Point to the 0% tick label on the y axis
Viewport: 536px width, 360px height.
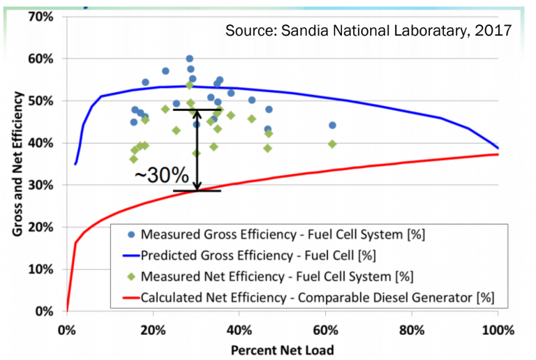[x=45, y=311]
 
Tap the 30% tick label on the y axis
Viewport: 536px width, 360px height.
[x=41, y=185]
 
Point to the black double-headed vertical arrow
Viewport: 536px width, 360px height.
[x=198, y=150]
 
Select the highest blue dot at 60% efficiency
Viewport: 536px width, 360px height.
[x=190, y=59]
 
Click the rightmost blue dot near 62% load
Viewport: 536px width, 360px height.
[x=332, y=126]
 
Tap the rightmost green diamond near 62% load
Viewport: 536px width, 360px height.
[x=332, y=144]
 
